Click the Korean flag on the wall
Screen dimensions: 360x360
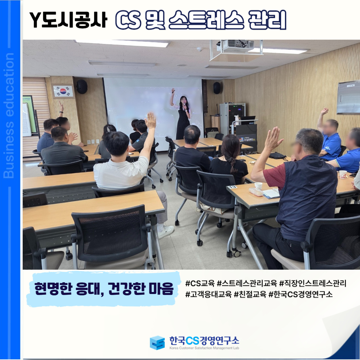pyautogui.click(x=63, y=91)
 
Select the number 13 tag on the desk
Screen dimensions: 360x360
pyautogui.click(x=233, y=187)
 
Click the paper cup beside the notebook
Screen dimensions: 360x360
pyautogui.click(x=258, y=186)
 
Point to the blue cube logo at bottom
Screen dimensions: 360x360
pyautogui.click(x=157, y=343)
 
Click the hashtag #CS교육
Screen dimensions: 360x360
pyautogui.click(x=200, y=283)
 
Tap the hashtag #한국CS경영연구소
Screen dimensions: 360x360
pyautogui.click(x=301, y=294)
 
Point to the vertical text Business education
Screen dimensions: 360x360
pyautogui.click(x=9, y=115)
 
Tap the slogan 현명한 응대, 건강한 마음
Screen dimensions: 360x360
pyautogui.click(x=104, y=289)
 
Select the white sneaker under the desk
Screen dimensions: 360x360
pyautogui.click(x=166, y=232)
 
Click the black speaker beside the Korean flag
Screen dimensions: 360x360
pyautogui.click(x=82, y=87)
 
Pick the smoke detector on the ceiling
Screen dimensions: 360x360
pyautogui.click(x=200, y=49)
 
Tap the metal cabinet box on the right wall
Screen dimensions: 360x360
pyautogui.click(x=348, y=97)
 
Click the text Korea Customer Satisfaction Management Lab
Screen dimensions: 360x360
pyautogui.click(x=204, y=348)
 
